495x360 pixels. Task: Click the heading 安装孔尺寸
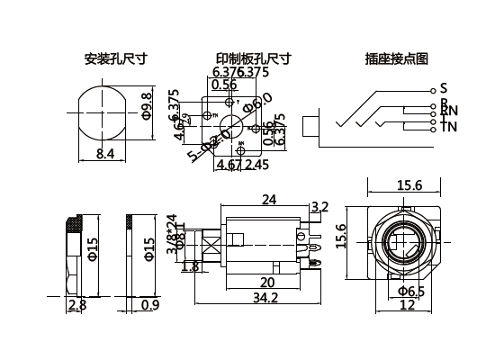(115, 59)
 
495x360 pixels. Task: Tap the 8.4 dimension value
(104, 154)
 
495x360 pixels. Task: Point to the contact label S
(443, 88)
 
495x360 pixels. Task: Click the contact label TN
(447, 127)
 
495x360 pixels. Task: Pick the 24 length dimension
(268, 199)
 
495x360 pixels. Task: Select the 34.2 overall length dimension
(264, 297)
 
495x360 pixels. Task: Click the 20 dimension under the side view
(268, 280)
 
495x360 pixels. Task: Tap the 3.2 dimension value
(319, 207)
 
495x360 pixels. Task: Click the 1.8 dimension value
(191, 266)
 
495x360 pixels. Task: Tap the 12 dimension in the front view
(406, 306)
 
